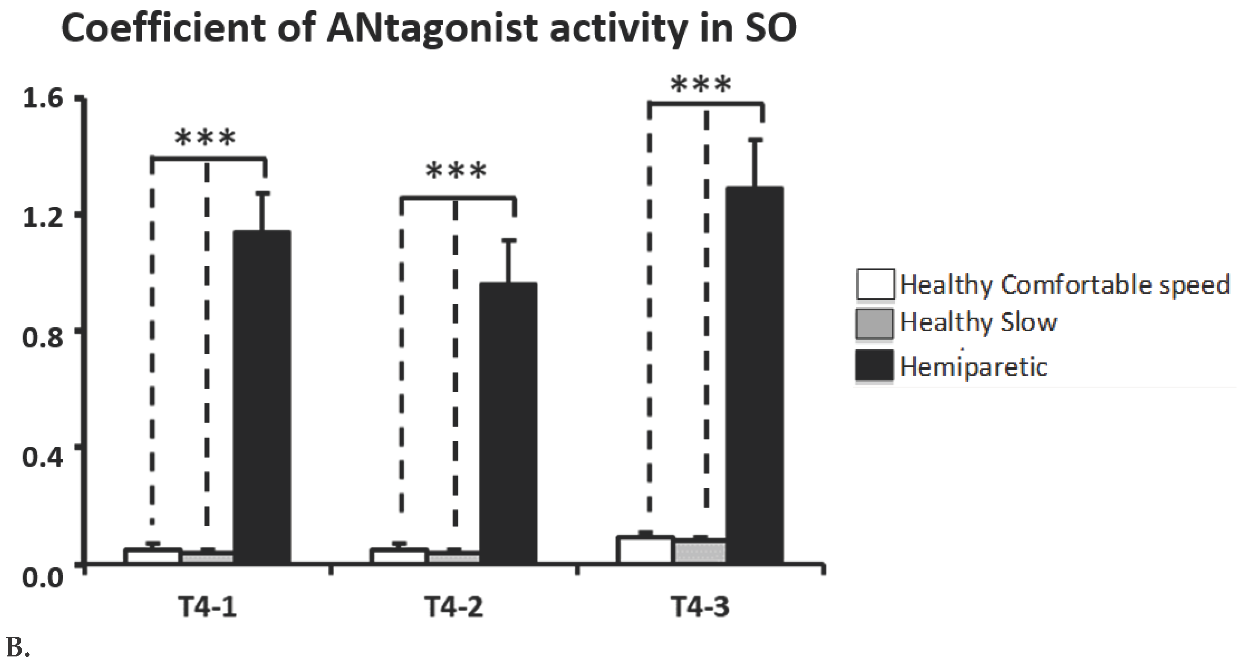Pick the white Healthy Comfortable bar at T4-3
pyautogui.click(x=645, y=550)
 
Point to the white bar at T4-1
pyautogui.click(x=153, y=556)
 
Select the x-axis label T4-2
pyautogui.click(x=453, y=606)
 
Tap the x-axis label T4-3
pyautogui.click(x=700, y=606)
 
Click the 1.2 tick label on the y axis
pyautogui.click(x=42, y=217)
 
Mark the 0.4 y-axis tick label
pyautogui.click(x=42, y=456)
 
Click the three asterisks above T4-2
pyautogui.click(x=456, y=172)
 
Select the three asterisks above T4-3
pyautogui.click(x=701, y=85)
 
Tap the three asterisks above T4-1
pyautogui.click(x=206, y=138)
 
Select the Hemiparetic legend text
pyautogui.click(x=973, y=367)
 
